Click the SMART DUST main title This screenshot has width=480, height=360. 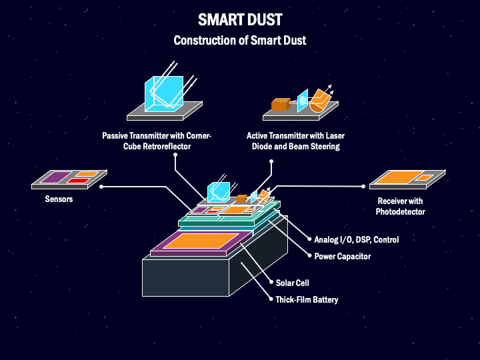click(239, 20)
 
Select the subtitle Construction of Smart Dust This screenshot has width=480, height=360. click(239, 40)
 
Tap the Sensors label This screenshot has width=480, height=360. click(59, 199)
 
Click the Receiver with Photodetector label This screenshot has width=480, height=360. click(401, 206)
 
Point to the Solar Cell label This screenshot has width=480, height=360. click(292, 283)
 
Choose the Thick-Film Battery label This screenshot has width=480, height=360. click(307, 299)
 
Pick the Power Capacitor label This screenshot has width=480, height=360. click(342, 256)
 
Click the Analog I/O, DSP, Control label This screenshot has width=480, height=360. click(356, 239)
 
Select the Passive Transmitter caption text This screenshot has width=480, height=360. click(157, 141)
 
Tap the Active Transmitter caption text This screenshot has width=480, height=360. click(295, 141)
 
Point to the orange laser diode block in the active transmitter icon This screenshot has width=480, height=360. click(279, 104)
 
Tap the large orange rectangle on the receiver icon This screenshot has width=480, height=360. click(398, 177)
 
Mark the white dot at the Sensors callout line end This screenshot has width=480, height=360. click(101, 187)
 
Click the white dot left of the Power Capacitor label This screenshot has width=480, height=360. click(307, 256)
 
